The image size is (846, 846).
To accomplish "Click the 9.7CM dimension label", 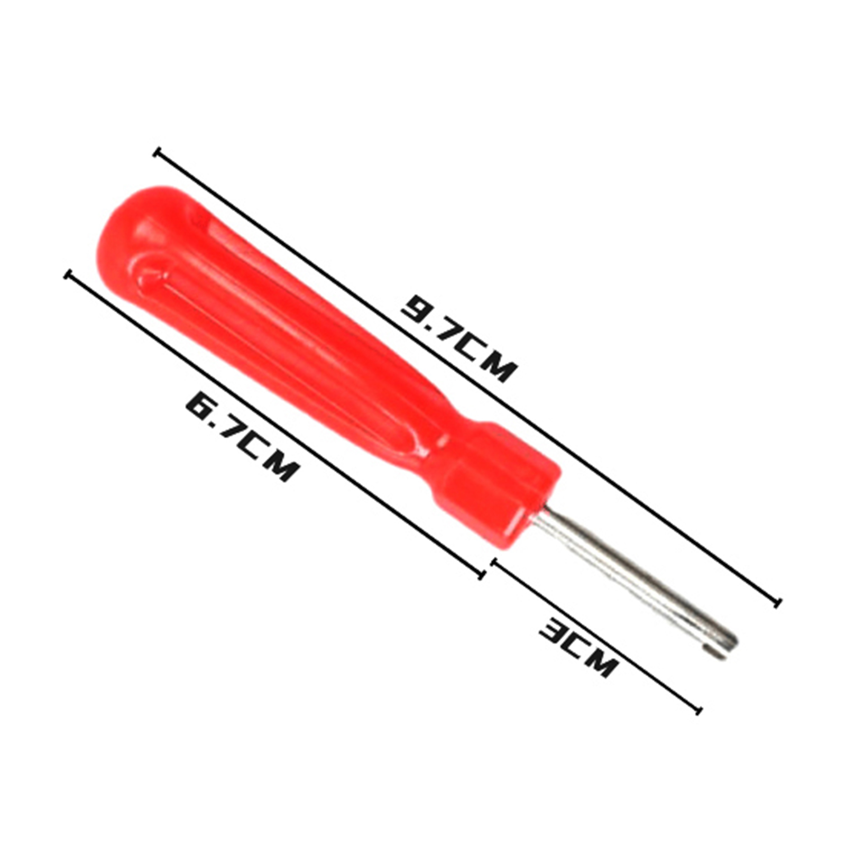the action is pos(457,338).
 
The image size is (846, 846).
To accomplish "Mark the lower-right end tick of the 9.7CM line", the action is pos(777,602).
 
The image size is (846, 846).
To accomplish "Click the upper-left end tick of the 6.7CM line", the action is pos(67,275).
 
